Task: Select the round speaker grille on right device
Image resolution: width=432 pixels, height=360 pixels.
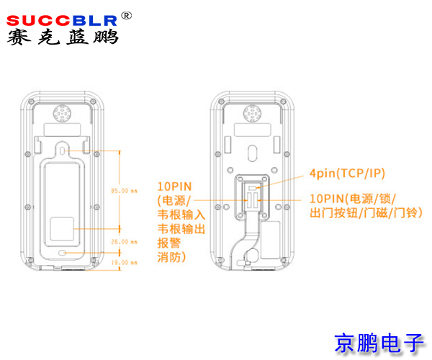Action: [x=252, y=114]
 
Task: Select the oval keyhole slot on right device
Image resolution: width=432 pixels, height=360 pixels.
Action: [x=252, y=153]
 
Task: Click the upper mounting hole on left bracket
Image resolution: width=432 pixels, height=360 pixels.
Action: [x=64, y=150]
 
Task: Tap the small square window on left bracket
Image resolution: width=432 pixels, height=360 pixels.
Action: [x=63, y=230]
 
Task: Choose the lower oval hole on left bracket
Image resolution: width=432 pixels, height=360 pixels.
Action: [x=64, y=253]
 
